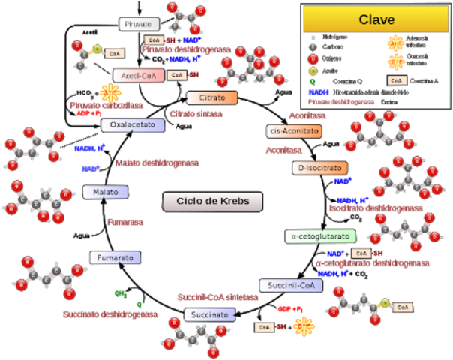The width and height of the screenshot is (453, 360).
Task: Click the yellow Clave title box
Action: point(376,19)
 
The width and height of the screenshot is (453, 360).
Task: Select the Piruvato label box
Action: point(139,24)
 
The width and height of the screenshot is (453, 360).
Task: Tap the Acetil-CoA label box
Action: point(138,75)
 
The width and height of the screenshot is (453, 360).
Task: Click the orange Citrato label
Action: point(211,98)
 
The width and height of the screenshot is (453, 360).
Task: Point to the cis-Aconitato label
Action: point(295,131)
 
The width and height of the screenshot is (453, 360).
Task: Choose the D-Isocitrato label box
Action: point(319,168)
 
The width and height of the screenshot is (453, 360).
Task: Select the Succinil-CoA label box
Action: point(291,285)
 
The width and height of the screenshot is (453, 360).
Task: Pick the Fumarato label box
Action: point(115,258)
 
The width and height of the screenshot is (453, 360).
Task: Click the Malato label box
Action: point(106,193)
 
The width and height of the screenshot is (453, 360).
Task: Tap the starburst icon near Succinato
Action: point(304,326)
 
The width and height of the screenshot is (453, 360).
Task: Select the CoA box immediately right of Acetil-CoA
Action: point(177,75)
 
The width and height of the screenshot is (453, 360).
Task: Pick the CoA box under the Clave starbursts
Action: point(397,80)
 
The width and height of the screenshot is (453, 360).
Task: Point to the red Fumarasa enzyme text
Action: point(124,222)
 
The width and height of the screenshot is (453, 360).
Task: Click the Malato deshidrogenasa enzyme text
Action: point(157,163)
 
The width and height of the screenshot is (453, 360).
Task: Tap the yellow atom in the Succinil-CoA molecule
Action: point(385,304)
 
